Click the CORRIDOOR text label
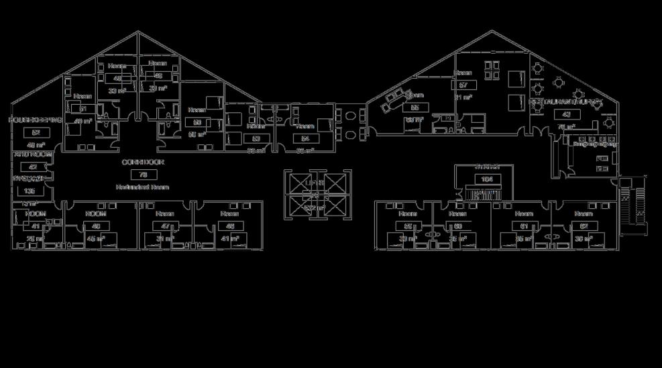[143, 163]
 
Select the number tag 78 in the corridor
[143, 175]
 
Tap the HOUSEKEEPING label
[36, 120]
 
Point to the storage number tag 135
[29, 191]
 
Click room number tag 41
[36, 226]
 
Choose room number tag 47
[165, 226]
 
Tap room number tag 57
[463, 85]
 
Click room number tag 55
[415, 107]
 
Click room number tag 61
[525, 226]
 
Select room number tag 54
[305, 138]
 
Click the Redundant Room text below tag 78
[142, 187]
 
